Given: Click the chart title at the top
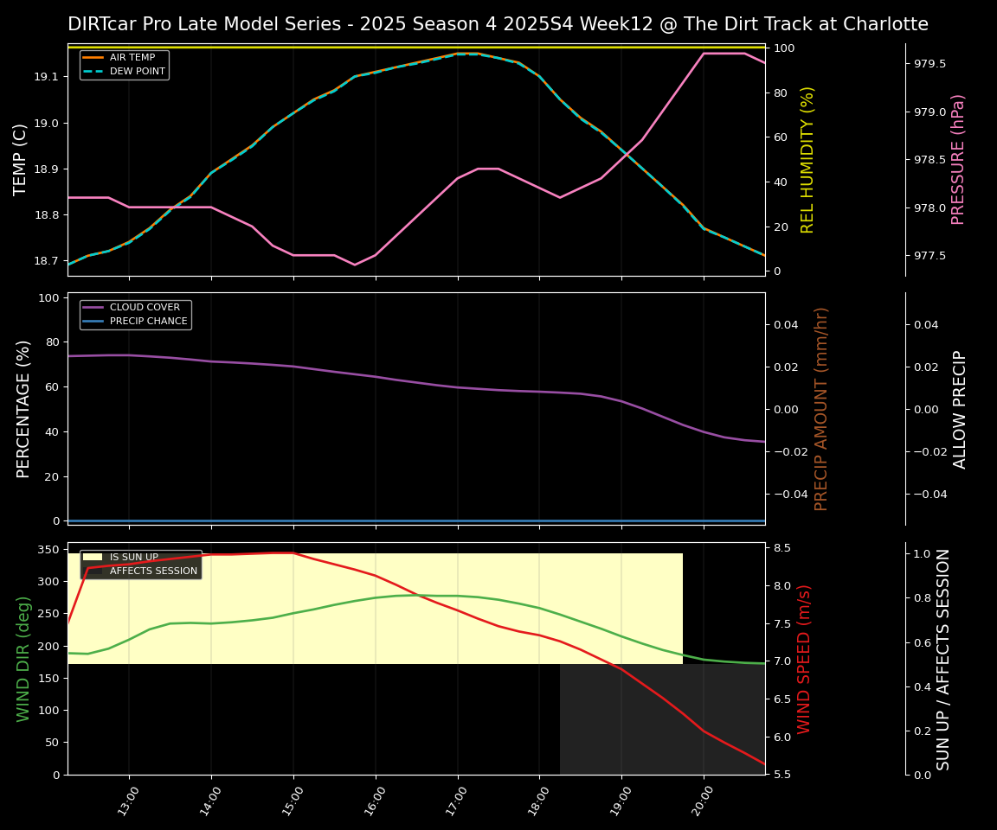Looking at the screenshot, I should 498,24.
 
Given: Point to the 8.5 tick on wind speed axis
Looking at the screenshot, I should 782,548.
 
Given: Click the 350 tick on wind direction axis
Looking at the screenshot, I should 48,549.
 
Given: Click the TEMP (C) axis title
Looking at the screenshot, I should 21,159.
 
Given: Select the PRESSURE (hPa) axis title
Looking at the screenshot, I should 958,159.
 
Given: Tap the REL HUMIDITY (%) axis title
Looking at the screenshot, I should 808,159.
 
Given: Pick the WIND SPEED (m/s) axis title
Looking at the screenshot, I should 805,659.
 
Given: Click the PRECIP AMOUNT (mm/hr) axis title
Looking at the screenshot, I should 822,408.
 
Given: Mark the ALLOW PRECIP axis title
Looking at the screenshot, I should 961,409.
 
